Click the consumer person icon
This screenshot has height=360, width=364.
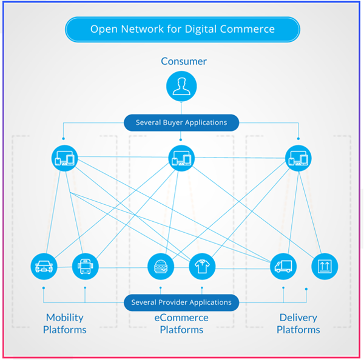pyautogui.click(x=181, y=86)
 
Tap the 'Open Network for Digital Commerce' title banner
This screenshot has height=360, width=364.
pyautogui.click(x=182, y=29)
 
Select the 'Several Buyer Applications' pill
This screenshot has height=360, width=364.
pyautogui.click(x=181, y=122)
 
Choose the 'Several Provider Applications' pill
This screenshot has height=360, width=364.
pyautogui.click(x=181, y=302)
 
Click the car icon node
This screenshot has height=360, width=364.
pyautogui.click(x=44, y=265)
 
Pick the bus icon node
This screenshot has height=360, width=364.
pyautogui.click(x=85, y=265)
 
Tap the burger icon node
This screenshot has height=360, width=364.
pyautogui.click(x=161, y=265)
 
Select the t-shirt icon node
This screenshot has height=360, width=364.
pyautogui.click(x=201, y=265)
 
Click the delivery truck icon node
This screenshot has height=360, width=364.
pyautogui.click(x=283, y=265)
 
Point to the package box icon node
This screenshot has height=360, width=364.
pyautogui.click(x=325, y=265)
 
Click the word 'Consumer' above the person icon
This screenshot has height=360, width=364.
pyautogui.click(x=183, y=61)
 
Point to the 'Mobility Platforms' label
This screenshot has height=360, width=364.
pyautogui.click(x=65, y=324)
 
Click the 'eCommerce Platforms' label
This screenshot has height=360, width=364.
pyautogui.click(x=181, y=324)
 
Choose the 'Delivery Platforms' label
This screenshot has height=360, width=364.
pyautogui.click(x=298, y=324)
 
